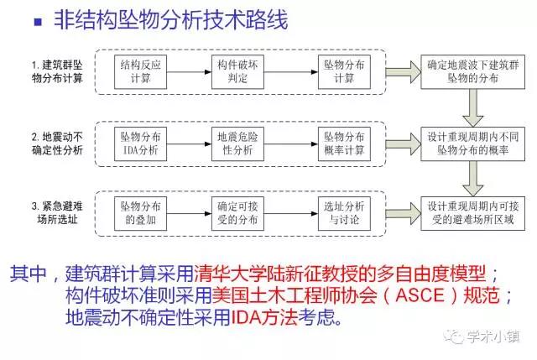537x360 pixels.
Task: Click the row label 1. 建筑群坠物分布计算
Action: click(x=58, y=70)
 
